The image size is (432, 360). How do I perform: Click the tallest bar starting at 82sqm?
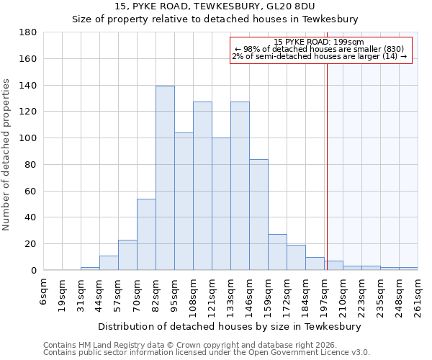point(165,178)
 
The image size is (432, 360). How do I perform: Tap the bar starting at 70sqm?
point(146,234)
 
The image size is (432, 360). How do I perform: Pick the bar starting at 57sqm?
point(127,255)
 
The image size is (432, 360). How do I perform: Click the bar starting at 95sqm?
point(184,201)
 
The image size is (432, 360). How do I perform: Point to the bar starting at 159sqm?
point(277,252)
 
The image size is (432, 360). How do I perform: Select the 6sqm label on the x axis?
point(44,292)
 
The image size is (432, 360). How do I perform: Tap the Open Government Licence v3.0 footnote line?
point(207,352)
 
